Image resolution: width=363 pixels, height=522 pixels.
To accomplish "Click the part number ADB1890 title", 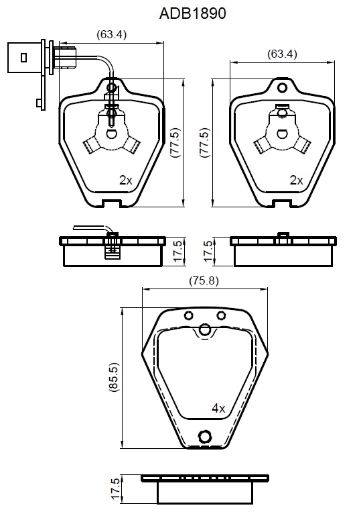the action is pyautogui.click(x=192, y=13).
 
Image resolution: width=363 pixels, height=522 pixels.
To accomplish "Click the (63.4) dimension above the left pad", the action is pyautogui.click(x=112, y=34).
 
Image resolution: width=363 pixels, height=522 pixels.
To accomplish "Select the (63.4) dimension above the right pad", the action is pyautogui.click(x=282, y=54).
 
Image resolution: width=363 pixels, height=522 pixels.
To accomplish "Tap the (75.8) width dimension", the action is pyautogui.click(x=204, y=280).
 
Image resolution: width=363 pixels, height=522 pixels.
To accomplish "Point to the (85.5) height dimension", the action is pyautogui.click(x=114, y=377).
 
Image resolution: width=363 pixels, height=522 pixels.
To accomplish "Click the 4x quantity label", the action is pyautogui.click(x=218, y=408).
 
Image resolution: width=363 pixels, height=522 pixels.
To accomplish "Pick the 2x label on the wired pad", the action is pyautogui.click(x=126, y=180).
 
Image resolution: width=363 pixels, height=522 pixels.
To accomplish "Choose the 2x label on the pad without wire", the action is pyautogui.click(x=297, y=180).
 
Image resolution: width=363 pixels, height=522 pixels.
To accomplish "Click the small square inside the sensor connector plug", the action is pyautogui.click(x=23, y=58).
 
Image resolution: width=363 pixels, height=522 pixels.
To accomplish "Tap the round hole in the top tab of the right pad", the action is pyautogui.click(x=282, y=88).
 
